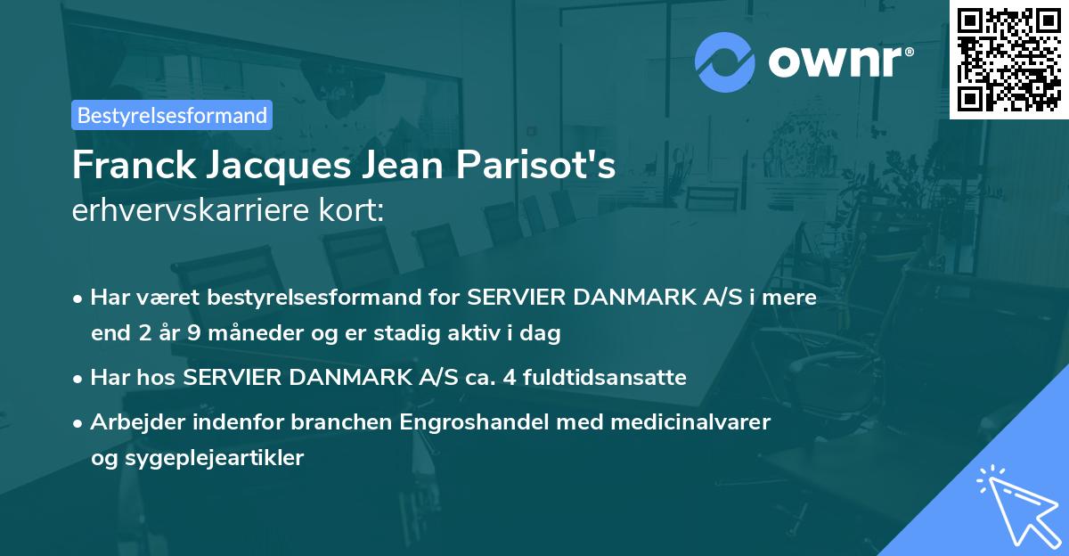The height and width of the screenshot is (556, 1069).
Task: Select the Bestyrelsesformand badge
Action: (172, 115)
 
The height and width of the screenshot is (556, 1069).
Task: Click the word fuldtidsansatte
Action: (606, 378)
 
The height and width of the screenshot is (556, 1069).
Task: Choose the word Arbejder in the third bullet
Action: (128, 421)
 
